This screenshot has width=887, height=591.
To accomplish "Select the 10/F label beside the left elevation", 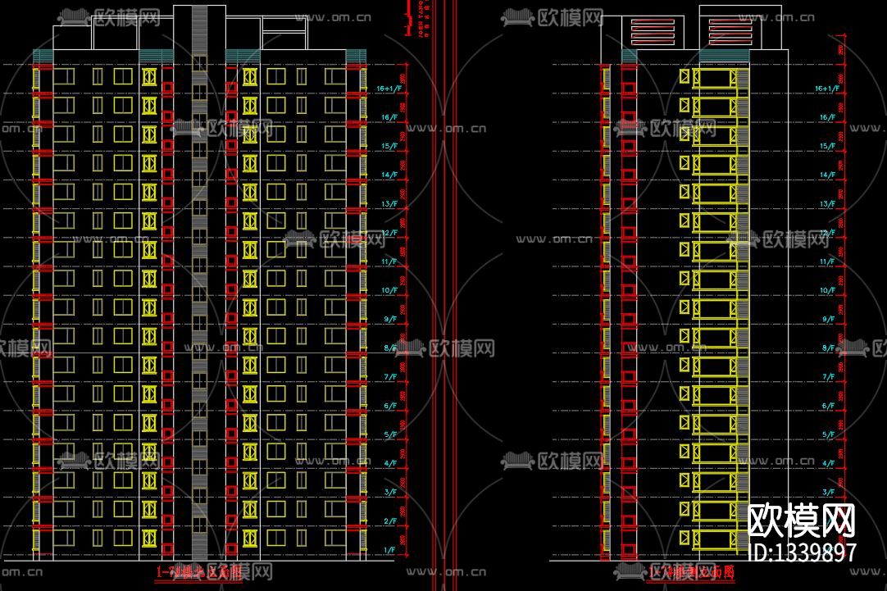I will (x=389, y=291).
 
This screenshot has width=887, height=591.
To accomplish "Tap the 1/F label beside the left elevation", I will (x=389, y=550).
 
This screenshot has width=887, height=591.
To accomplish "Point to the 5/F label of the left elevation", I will (x=389, y=434).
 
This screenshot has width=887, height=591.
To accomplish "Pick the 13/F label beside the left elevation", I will (x=389, y=204).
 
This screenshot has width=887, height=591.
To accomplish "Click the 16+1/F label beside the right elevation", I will (x=826, y=89).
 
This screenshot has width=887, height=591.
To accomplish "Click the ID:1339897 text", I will (x=803, y=552).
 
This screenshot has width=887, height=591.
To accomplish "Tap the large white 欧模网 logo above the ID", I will (x=803, y=520).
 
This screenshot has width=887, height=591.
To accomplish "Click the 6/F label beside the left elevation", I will (x=389, y=406).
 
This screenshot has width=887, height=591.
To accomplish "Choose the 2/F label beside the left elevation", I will (x=389, y=521).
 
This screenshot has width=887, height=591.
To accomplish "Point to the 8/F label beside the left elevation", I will (x=389, y=348).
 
